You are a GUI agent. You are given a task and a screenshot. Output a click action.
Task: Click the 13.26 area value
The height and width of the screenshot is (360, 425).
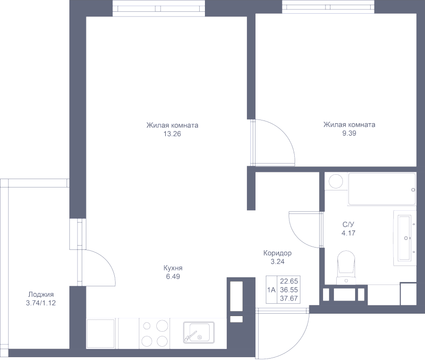172,134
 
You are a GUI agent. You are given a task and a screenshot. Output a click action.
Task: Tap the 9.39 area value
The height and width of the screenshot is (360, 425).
349,133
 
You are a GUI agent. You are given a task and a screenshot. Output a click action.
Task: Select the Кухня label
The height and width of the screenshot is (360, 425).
173,268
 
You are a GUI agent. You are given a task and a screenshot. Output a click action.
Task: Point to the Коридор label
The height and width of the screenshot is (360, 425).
277,253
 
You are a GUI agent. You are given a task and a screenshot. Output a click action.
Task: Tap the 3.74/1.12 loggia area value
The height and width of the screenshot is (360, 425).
41,303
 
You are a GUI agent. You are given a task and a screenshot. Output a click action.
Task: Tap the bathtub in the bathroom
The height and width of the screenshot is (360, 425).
382,189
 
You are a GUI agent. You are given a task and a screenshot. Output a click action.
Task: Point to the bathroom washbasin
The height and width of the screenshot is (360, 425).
405,237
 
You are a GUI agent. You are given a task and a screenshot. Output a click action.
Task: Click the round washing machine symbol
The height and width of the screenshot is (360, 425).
336,181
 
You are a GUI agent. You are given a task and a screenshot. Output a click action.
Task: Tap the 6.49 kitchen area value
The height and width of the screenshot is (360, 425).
173,277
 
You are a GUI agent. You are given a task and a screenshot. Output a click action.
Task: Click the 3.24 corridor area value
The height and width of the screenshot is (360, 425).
277,261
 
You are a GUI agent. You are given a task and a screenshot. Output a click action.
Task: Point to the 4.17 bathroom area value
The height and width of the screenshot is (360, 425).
349,232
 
